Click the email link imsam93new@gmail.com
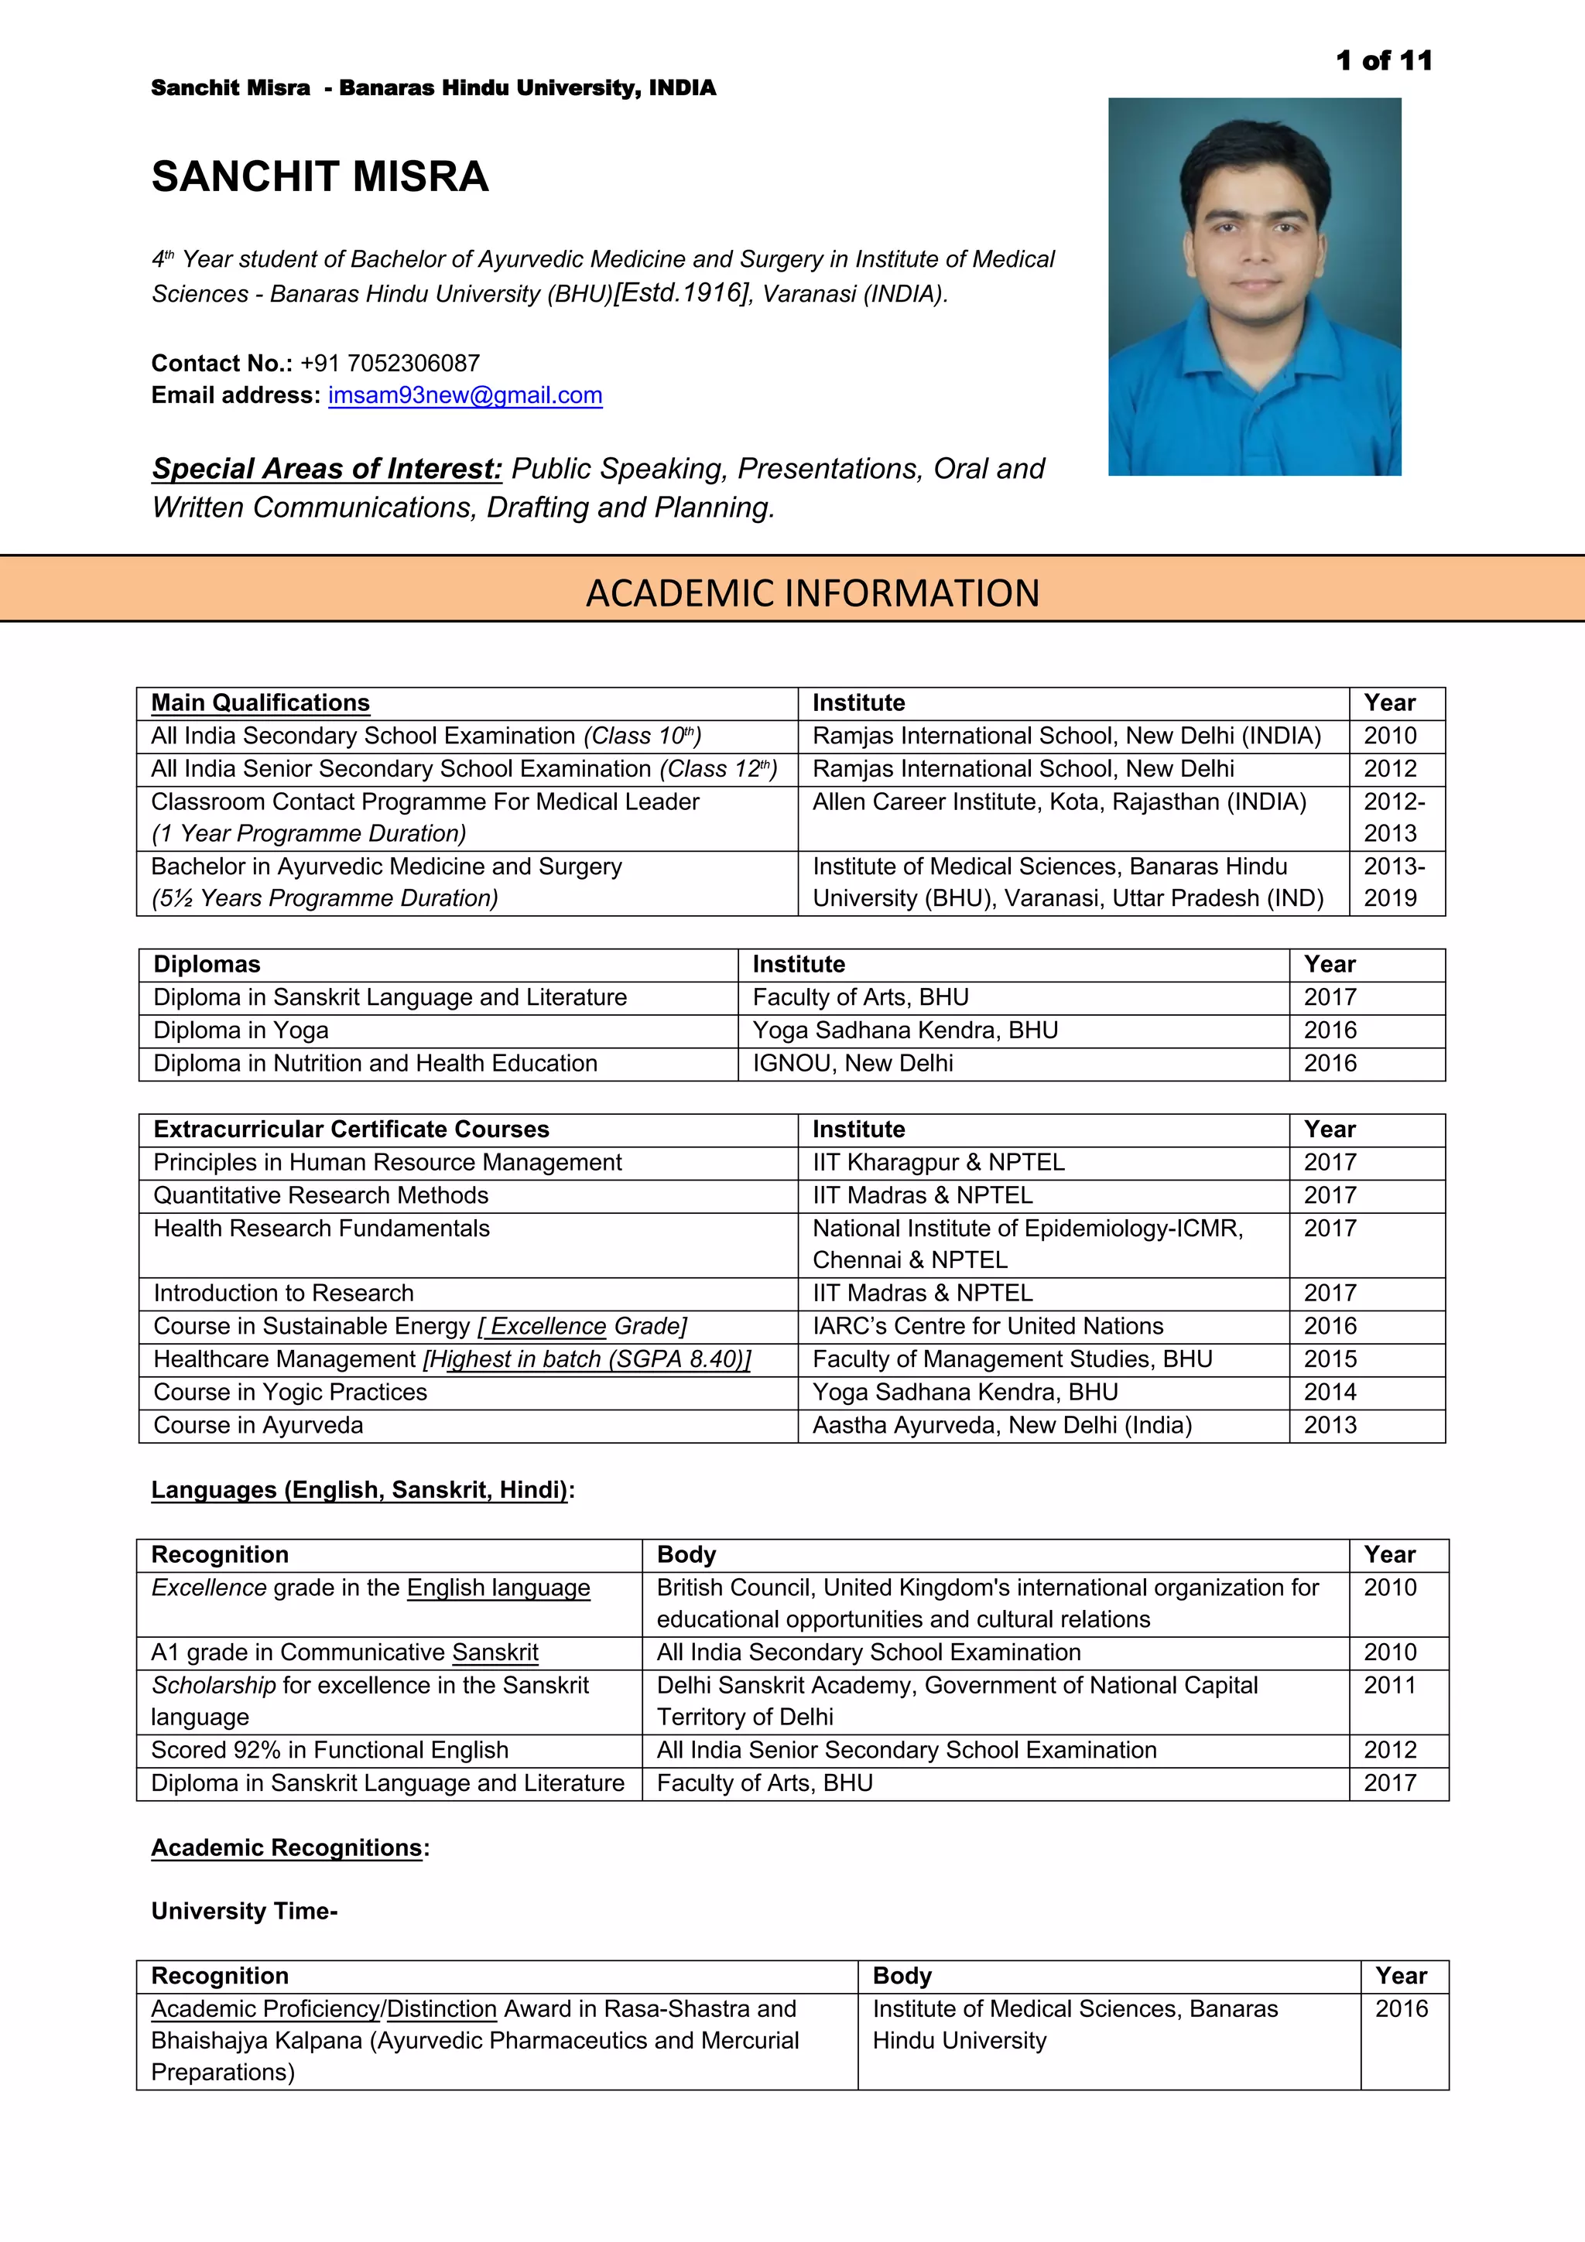[465, 395]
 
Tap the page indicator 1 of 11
[1383, 60]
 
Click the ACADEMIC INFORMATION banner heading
[813, 593]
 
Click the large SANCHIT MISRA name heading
[320, 176]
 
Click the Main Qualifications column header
[260, 703]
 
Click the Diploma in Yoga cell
[240, 1030]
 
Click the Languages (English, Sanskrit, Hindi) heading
[361, 1490]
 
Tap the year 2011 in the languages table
[1388, 1686]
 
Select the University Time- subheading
[244, 1911]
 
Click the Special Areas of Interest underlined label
[326, 469]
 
